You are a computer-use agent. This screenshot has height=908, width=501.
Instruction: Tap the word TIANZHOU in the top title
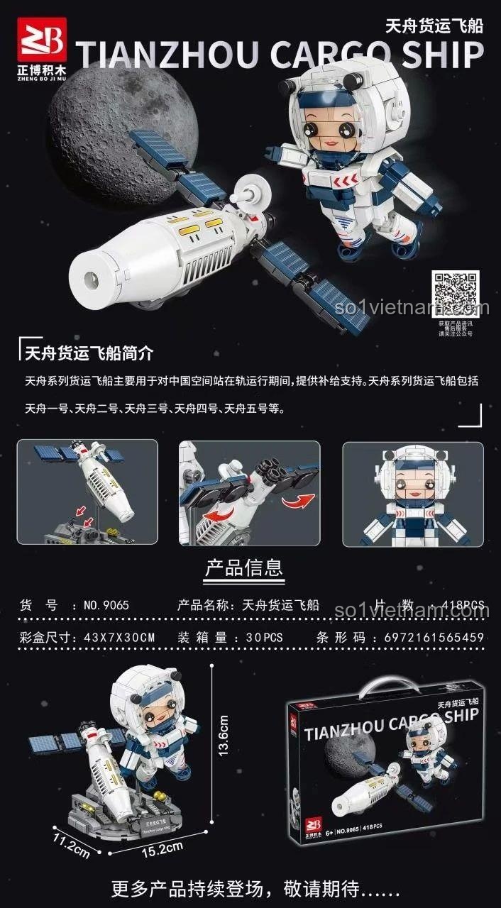click(164, 56)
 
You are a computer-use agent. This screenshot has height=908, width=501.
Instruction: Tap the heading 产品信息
click(243, 568)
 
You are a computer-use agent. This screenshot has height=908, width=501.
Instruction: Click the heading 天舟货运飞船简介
click(89, 353)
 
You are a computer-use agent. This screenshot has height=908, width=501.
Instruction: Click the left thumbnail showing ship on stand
click(87, 492)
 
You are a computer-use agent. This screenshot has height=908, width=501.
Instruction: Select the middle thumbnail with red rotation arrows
click(249, 493)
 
